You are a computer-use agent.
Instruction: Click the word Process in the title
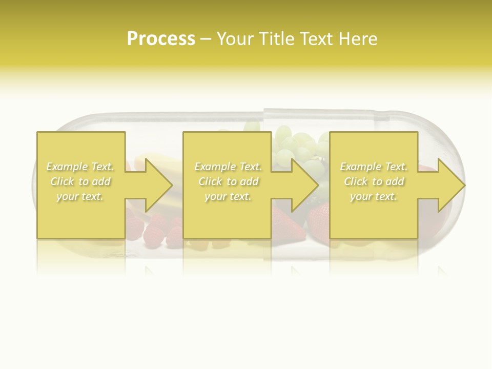[x=161, y=39]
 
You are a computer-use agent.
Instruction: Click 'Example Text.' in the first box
[x=80, y=167]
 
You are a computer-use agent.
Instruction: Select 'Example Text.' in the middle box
[x=228, y=167]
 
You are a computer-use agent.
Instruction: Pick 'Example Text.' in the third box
[x=374, y=167]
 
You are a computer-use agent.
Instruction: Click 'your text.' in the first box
[x=80, y=196]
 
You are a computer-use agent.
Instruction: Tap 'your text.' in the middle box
[x=228, y=196]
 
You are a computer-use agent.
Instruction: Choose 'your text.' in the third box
[x=374, y=196]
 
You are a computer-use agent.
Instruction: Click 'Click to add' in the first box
[x=80, y=181]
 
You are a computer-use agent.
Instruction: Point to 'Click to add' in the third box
[x=374, y=181]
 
